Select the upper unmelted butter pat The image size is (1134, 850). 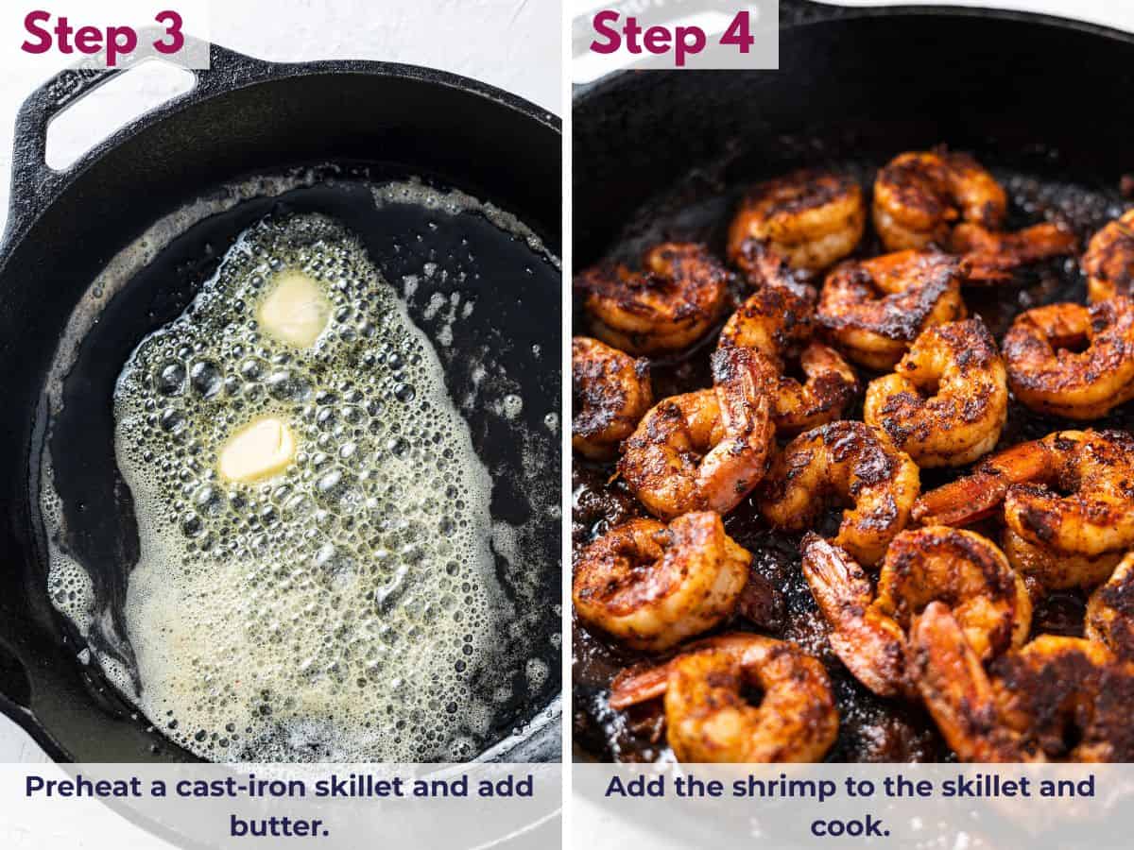coord(294,309)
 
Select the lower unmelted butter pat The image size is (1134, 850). coord(257,450)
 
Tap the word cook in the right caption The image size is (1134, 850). coord(847,825)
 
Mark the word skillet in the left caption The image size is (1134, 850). coord(335,787)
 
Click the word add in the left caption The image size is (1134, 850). coord(511,787)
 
